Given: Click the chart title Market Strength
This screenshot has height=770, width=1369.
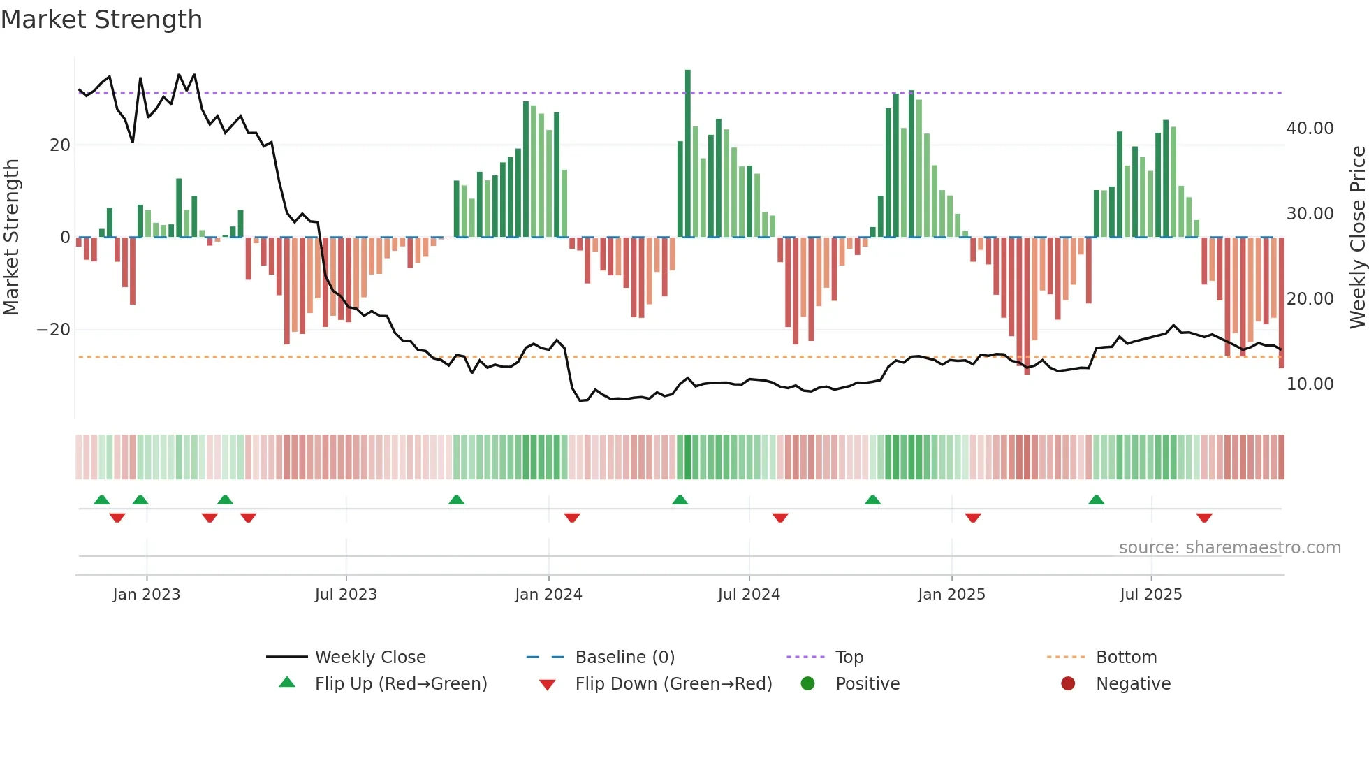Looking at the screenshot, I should click(102, 20).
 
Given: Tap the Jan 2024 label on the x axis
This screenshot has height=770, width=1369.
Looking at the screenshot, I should click(548, 595).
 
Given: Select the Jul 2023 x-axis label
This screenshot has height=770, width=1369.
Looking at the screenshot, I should click(346, 595).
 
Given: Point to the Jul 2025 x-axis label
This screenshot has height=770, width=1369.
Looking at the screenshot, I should click(1151, 595).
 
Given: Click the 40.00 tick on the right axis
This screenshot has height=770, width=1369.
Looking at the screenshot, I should click(1310, 129).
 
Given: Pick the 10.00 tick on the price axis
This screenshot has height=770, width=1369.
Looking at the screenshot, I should click(1310, 384).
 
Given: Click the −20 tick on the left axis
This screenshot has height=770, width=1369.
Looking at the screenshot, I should click(54, 330).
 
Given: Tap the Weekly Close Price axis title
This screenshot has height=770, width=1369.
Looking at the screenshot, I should click(1357, 238).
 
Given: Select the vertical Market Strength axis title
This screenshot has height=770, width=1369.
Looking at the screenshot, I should click(12, 238).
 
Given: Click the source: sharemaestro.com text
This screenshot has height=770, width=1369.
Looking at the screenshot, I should click(1229, 548).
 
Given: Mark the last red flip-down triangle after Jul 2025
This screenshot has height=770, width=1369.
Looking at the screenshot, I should click(1204, 518).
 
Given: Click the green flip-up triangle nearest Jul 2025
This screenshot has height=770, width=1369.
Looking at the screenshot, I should click(1097, 500).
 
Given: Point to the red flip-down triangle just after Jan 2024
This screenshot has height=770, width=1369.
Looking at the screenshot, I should click(572, 518).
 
